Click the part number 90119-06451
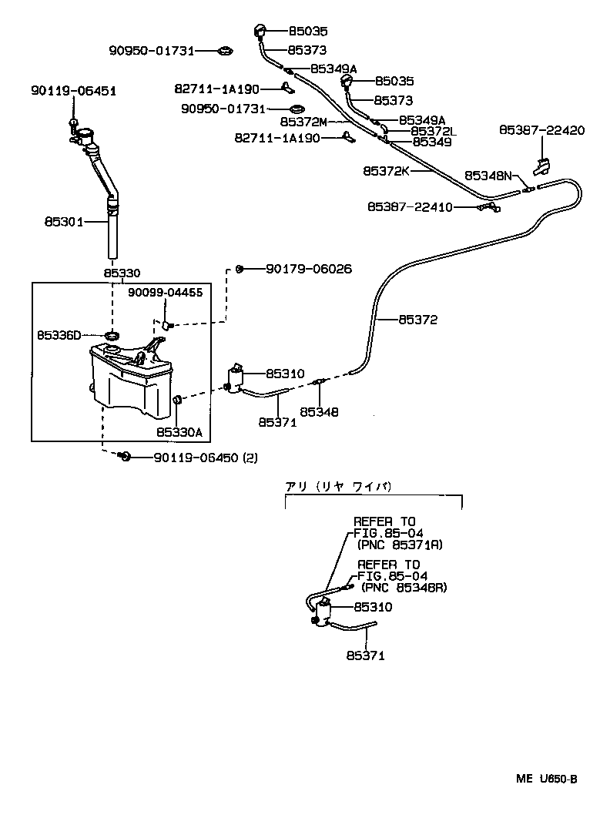point(73,91)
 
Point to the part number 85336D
point(59,335)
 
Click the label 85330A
point(179,432)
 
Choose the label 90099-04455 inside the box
point(165,293)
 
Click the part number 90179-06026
point(309,269)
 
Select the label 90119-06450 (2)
point(205,458)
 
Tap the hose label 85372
point(418,320)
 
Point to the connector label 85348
point(319,412)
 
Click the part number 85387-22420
point(541,131)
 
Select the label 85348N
point(488,176)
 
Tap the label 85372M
point(303,122)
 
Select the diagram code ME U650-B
point(547,779)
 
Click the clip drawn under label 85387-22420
point(541,165)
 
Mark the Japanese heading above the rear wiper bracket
point(339,486)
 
